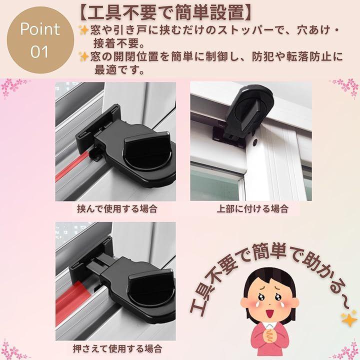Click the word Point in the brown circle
click(40, 29)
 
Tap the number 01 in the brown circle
click(39, 51)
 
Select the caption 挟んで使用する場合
click(117, 209)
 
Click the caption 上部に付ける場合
click(252, 209)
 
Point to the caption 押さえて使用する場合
click(117, 348)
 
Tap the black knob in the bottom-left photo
click(151, 289)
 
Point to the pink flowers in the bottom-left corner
click(12, 350)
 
